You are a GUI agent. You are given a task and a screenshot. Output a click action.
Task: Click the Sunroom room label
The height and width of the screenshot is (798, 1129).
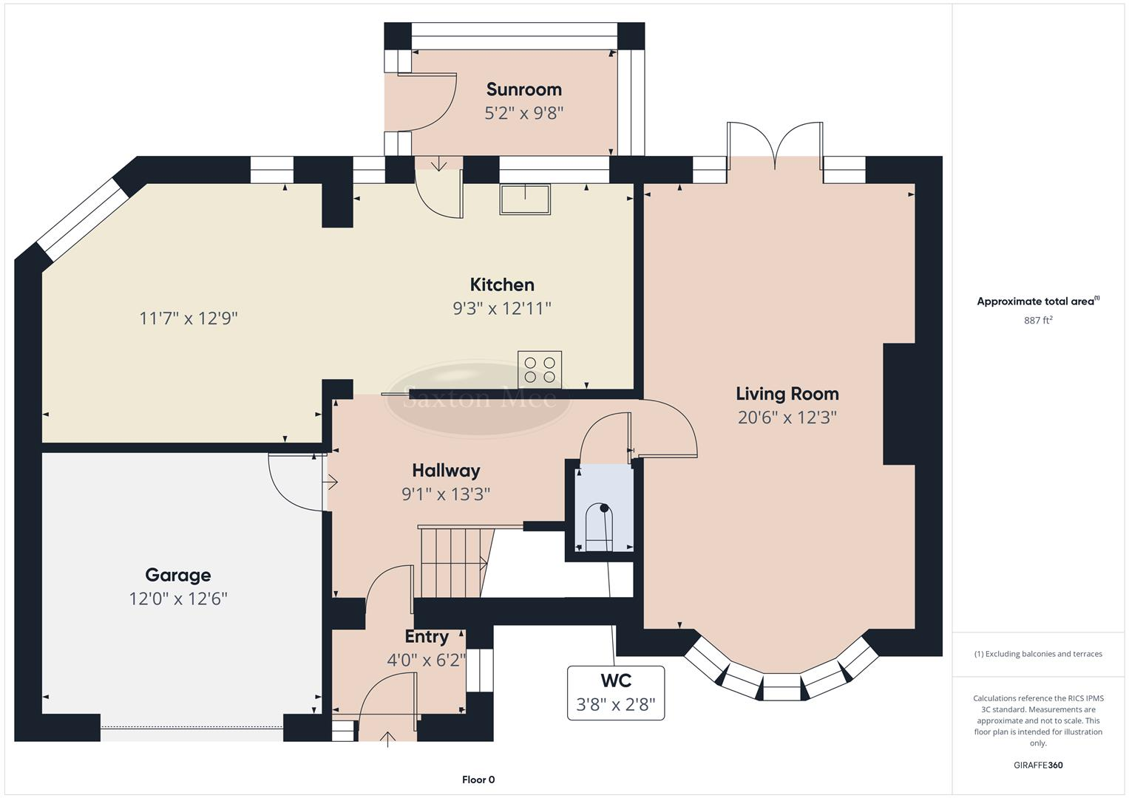pyautogui.click(x=523, y=89)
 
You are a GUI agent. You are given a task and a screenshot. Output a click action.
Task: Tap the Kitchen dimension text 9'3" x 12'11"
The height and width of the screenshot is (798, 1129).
pyautogui.click(x=502, y=308)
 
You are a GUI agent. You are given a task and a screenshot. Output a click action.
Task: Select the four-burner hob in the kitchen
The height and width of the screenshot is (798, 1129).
pyautogui.click(x=540, y=369)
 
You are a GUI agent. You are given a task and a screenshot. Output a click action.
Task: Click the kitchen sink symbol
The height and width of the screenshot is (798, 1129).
pyautogui.click(x=525, y=199)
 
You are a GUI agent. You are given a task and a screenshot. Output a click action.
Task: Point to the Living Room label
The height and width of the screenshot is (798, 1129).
pyautogui.click(x=787, y=394)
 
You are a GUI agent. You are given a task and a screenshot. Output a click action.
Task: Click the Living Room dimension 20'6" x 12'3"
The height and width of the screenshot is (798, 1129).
pyautogui.click(x=787, y=417)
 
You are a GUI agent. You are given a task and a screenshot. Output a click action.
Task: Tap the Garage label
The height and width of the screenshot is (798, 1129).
pyautogui.click(x=177, y=575)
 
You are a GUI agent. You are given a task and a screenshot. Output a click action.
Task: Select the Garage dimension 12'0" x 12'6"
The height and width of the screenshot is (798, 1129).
pyautogui.click(x=177, y=598)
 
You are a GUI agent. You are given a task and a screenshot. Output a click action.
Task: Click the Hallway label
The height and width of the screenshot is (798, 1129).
pyautogui.click(x=446, y=471)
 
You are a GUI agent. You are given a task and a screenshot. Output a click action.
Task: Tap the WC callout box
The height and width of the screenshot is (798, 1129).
pyautogui.click(x=615, y=692)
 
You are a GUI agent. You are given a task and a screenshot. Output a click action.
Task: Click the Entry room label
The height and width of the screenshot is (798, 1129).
pyautogui.click(x=427, y=637)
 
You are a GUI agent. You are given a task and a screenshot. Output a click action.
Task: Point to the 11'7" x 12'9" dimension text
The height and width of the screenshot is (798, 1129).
pyautogui.click(x=189, y=318)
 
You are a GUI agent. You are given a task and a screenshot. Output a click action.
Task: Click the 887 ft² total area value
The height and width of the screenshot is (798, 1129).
pyautogui.click(x=1038, y=320)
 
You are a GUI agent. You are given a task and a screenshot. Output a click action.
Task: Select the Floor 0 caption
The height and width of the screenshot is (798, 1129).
pyautogui.click(x=478, y=780)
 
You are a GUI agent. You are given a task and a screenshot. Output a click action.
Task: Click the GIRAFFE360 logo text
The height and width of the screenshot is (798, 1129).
pyautogui.click(x=1038, y=765)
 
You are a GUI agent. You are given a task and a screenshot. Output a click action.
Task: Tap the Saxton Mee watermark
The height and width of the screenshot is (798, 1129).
pyautogui.click(x=479, y=399)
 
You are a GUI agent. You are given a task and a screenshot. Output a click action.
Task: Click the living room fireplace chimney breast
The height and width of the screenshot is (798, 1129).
pyautogui.click(x=899, y=404)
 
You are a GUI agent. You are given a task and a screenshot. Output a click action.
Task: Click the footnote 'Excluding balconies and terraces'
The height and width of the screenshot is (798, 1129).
pyautogui.click(x=1038, y=654)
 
